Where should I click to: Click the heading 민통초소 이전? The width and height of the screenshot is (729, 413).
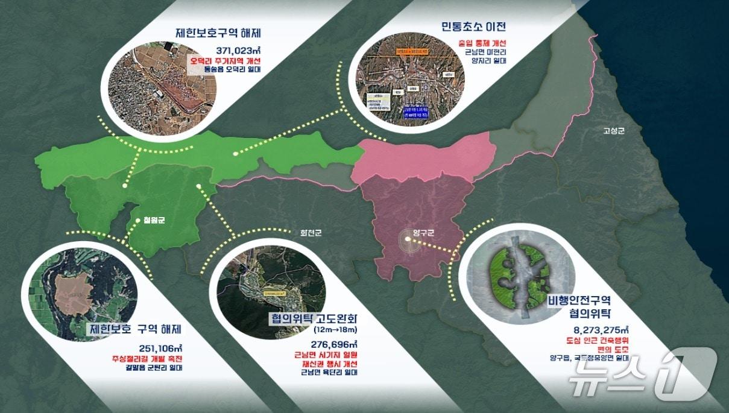pyautogui.click(x=473, y=27)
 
